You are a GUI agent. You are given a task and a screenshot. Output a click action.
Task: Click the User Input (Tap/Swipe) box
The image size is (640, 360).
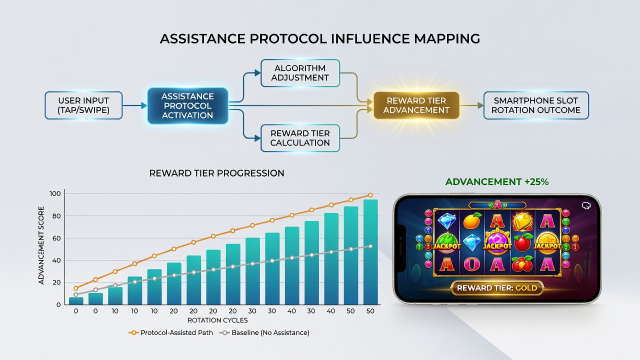[x=83, y=105]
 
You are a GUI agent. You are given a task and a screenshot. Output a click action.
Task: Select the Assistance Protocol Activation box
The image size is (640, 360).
[x=187, y=105]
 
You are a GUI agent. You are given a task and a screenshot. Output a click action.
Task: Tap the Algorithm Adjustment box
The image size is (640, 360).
[x=300, y=73]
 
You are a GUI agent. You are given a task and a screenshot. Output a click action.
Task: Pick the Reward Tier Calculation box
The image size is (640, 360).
[x=300, y=138]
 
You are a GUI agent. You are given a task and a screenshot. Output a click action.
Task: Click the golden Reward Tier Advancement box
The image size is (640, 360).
[x=416, y=105]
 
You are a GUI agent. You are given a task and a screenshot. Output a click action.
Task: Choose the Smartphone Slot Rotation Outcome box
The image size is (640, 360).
[x=536, y=105]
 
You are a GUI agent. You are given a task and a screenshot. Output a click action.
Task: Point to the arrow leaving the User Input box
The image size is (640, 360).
[x=135, y=105]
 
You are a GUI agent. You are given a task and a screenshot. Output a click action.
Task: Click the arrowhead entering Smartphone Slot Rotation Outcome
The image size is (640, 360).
[x=480, y=105]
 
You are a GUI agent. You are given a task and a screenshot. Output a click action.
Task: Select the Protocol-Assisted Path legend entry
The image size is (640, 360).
[x=171, y=332]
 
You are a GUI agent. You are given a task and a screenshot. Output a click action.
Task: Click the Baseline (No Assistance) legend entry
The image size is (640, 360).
[x=264, y=332]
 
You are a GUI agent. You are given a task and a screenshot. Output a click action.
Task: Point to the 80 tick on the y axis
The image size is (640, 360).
[x=56, y=216]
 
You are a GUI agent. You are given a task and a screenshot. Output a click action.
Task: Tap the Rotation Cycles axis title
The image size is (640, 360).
[x=217, y=320]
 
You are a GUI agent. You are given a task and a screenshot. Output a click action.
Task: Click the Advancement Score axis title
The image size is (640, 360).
[x=41, y=245]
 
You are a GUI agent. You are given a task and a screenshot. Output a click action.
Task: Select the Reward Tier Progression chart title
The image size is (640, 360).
[x=216, y=173]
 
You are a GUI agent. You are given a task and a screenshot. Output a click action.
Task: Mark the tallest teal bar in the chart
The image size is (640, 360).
[x=370, y=252]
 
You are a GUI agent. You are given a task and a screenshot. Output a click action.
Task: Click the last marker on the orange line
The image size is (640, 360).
[x=370, y=195]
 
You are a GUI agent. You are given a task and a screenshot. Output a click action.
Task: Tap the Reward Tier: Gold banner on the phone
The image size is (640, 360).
[x=497, y=288]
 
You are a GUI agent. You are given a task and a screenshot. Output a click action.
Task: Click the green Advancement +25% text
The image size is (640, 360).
[x=497, y=181]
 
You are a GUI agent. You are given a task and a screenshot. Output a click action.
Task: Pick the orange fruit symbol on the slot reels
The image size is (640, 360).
[x=472, y=221]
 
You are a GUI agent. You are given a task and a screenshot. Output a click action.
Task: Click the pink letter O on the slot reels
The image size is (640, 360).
[x=471, y=264]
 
